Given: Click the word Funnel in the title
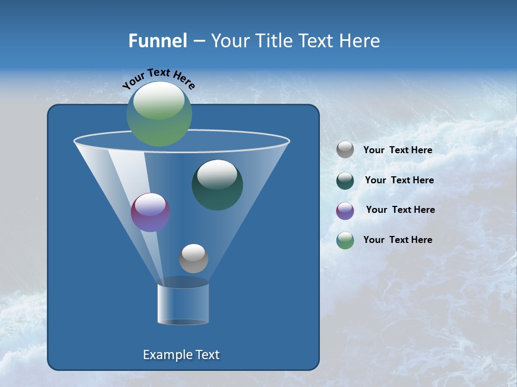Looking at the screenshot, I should (x=157, y=40).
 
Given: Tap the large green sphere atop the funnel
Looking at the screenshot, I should (x=159, y=114).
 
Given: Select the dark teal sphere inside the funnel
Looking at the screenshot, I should (x=218, y=185).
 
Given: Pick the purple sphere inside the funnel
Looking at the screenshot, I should (x=151, y=212).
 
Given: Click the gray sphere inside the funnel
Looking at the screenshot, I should (x=193, y=259).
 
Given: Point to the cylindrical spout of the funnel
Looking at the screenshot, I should (x=183, y=304).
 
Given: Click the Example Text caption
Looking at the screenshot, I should (x=181, y=355).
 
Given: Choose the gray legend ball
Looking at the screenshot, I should (x=345, y=149).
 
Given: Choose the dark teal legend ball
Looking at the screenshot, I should (x=345, y=180).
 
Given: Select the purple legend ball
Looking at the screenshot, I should (x=345, y=210).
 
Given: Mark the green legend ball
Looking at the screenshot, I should (x=345, y=240).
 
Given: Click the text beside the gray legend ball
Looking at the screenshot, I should (x=398, y=150).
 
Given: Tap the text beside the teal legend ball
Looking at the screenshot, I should (x=400, y=181).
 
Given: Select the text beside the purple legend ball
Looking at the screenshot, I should (x=401, y=210).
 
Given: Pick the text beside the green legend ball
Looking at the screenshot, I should (x=398, y=240).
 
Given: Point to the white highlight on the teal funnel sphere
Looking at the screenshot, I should (x=218, y=175).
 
